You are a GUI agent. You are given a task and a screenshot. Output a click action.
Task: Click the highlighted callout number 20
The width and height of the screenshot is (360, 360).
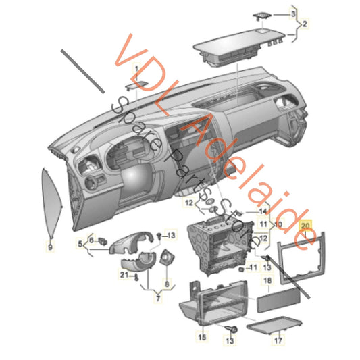click(305, 226)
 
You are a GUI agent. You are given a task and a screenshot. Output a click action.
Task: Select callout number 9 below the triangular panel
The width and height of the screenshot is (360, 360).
click(50, 247)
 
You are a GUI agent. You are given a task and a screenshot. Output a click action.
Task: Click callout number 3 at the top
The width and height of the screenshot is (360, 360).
click(293, 14)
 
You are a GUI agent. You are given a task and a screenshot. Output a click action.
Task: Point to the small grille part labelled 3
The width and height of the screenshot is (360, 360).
click(262, 16)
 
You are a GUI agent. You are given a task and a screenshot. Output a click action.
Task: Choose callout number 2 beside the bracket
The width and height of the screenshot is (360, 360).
click(305, 24)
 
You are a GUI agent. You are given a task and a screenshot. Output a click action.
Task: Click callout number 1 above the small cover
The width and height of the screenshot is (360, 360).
click(136, 68)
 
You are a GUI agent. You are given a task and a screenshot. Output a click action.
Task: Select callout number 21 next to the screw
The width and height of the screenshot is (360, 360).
click(124, 275)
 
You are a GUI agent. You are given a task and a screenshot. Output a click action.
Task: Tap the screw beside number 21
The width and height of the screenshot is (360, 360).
click(136, 278)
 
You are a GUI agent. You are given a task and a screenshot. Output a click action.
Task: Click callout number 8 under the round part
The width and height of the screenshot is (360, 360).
click(167, 284)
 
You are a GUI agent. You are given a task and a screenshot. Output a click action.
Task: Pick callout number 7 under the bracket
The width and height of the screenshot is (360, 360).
click(158, 299)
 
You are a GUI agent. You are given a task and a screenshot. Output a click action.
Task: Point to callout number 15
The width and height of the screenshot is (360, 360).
click(202, 337)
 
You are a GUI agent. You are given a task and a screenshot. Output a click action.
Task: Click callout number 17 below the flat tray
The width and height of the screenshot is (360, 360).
click(278, 340)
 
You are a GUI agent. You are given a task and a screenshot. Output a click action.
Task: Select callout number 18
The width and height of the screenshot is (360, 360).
click(267, 280)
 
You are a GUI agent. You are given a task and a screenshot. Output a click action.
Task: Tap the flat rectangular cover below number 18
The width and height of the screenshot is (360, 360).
click(278, 301)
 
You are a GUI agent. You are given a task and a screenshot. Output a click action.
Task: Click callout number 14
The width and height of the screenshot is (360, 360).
click(263, 211)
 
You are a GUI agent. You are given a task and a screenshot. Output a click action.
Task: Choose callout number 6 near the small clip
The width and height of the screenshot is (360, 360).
click(91, 240)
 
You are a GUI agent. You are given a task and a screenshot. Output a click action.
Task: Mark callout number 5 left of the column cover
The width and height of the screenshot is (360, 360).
click(80, 244)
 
